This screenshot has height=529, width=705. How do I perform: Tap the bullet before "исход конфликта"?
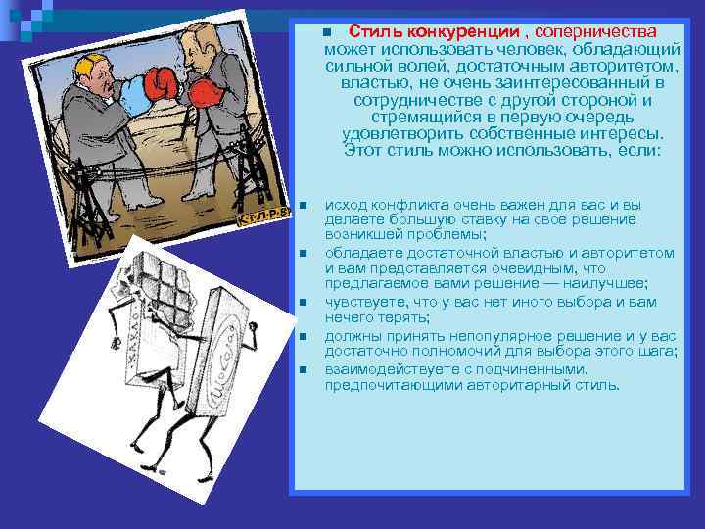pos(304,206)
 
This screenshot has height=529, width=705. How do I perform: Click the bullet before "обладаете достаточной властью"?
pos(304,254)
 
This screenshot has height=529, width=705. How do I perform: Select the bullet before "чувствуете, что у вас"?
pos(304,303)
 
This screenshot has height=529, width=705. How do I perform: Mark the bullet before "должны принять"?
pos(304,337)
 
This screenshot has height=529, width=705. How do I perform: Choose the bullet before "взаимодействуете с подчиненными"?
pos(304,370)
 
